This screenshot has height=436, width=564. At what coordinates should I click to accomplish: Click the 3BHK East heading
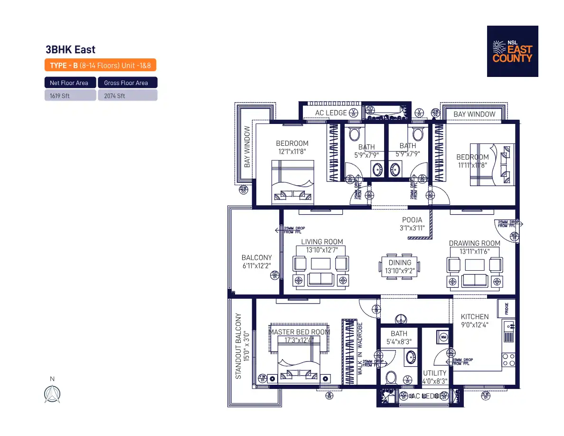pos(70,49)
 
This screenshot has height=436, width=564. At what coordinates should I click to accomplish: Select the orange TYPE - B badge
pos(101,66)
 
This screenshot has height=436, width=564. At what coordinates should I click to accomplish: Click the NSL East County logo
pos(512,51)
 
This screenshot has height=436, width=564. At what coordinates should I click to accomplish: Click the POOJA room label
pos(412,220)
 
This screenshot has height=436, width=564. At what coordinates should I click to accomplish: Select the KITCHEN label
pos(474,317)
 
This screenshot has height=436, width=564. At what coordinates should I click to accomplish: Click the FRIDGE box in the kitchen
pos(507,309)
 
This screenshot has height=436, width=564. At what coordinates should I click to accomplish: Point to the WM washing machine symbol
pos(443,337)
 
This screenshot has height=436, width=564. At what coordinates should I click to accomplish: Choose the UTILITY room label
pos(434,373)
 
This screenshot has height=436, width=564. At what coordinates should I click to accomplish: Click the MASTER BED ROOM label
pos(299,332)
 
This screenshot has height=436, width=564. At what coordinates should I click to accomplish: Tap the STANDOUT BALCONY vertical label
pos(239,346)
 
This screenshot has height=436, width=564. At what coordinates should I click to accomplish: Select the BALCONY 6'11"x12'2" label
pos(256,262)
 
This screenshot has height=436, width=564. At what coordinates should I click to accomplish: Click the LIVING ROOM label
pos(322,242)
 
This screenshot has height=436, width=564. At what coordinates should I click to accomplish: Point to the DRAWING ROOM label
pos(474,244)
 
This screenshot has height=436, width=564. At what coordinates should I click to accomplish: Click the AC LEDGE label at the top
pos(331,113)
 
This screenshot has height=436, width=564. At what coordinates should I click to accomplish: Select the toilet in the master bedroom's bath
pos(391,378)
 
